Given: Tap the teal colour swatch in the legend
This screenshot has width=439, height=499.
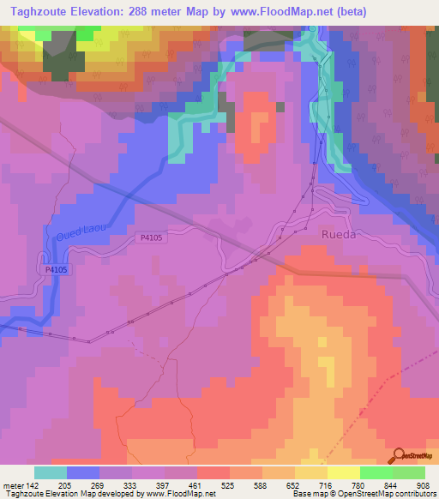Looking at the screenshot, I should [x=51, y=472].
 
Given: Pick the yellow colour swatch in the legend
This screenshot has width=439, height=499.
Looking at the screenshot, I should [x=343, y=472].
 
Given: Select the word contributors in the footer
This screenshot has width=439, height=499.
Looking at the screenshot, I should [x=414, y=495].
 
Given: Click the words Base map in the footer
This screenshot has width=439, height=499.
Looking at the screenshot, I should [x=308, y=495].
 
